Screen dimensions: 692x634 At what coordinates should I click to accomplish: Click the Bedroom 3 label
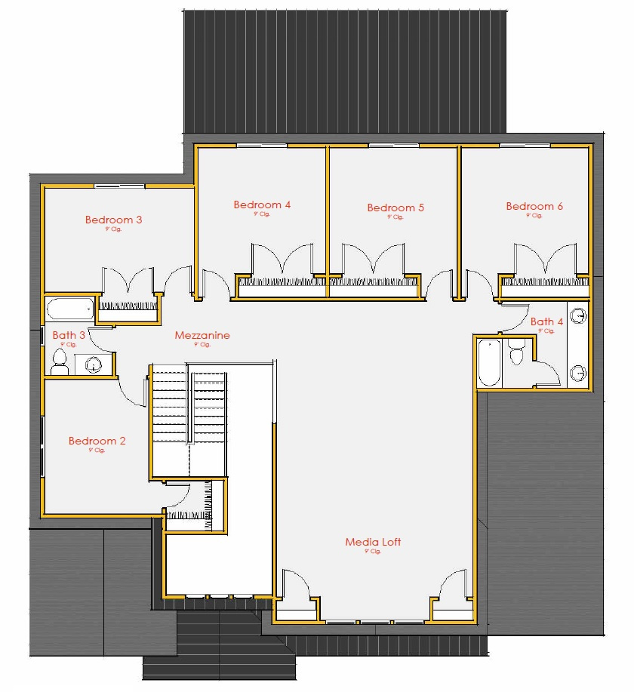114,220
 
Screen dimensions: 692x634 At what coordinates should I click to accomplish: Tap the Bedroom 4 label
262,205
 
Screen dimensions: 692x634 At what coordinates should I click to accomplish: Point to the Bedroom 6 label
534,206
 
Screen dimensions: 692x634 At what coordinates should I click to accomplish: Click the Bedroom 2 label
97,441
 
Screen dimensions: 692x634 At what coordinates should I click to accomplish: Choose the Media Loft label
373,542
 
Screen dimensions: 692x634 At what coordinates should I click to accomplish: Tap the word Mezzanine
202,335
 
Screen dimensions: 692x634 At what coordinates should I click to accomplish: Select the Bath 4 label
546,321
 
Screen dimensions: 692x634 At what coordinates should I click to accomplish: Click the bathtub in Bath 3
70,309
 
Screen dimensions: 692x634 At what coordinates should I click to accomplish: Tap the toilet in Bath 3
60,361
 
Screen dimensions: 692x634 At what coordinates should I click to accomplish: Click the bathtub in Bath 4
489,362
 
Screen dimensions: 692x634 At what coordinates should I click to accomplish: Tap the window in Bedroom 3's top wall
119,185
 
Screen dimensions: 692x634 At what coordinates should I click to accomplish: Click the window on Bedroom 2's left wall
42,445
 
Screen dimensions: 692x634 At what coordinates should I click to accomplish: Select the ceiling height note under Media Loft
373,552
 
